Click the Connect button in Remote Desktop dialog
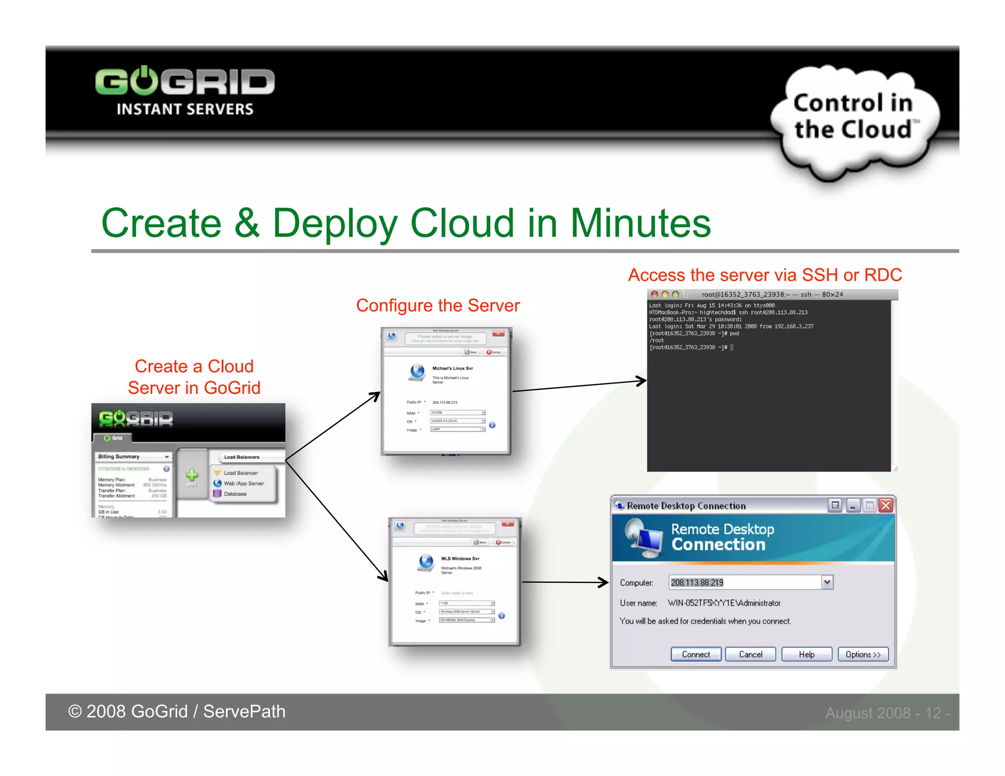click(695, 654)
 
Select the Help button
click(806, 654)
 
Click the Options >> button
click(863, 654)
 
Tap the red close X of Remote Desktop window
click(886, 505)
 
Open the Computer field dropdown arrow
click(827, 582)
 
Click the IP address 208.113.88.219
click(697, 583)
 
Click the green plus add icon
click(192, 475)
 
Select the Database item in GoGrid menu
click(235, 494)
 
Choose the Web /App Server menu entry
click(243, 483)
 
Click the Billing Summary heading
click(119, 457)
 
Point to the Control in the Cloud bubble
click(853, 118)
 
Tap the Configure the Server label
click(438, 306)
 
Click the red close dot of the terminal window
click(655, 294)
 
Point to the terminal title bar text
click(772, 294)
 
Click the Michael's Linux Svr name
click(452, 368)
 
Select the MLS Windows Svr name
click(460, 558)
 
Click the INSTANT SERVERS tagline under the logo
click(185, 109)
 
